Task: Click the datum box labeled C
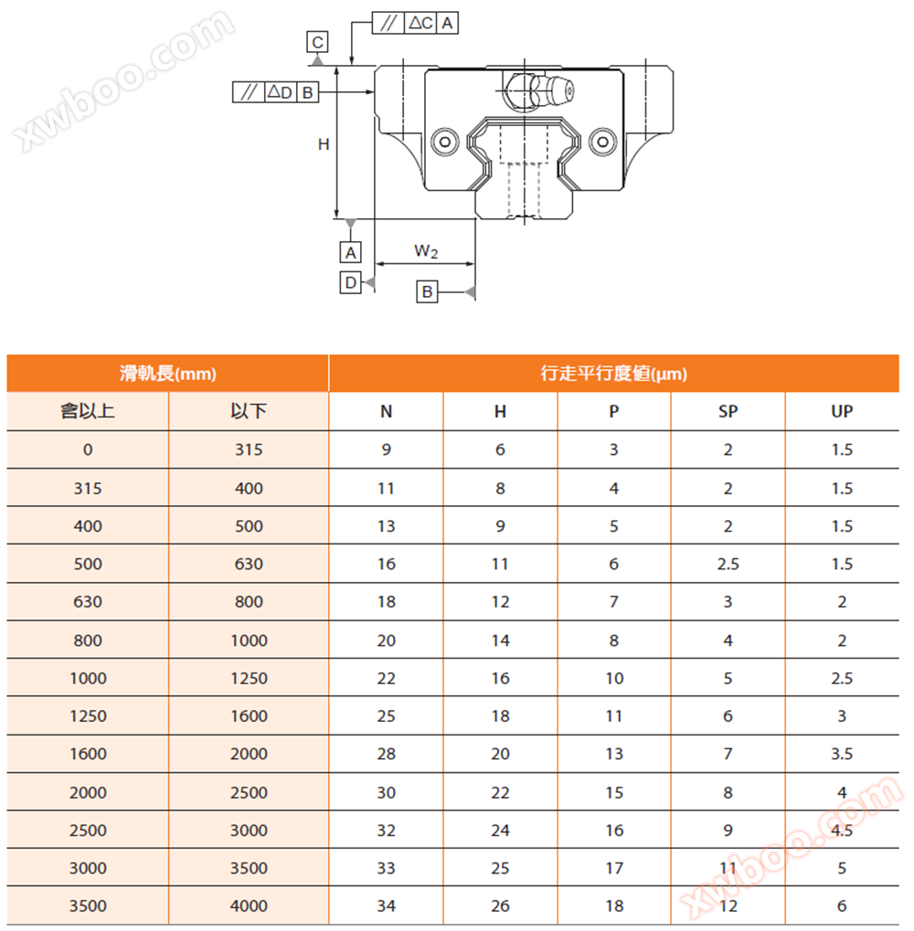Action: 317,42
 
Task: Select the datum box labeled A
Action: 350,252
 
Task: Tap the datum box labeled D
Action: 350,283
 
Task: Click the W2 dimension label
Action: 426,251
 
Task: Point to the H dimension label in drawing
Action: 323,143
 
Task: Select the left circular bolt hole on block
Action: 445,142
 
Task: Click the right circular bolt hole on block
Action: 601,142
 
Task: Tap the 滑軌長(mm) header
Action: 167,374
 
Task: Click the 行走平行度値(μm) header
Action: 613,374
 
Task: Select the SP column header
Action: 728,412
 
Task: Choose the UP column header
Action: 842,412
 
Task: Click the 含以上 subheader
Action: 88,412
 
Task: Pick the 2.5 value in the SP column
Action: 728,564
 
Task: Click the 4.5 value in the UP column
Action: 842,830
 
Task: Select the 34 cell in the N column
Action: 386,906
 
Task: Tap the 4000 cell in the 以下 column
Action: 249,906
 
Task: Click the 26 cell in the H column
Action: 500,906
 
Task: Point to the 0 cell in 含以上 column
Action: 88,450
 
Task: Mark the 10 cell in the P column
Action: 613,678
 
